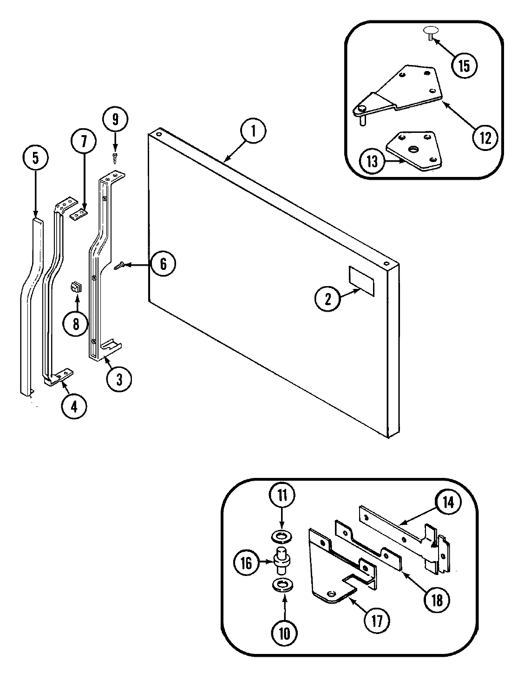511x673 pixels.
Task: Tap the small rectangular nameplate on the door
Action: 360,281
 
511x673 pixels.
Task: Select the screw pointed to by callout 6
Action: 119,266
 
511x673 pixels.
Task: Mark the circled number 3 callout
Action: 119,379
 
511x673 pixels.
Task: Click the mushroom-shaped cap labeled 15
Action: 431,33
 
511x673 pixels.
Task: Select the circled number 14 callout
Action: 448,503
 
